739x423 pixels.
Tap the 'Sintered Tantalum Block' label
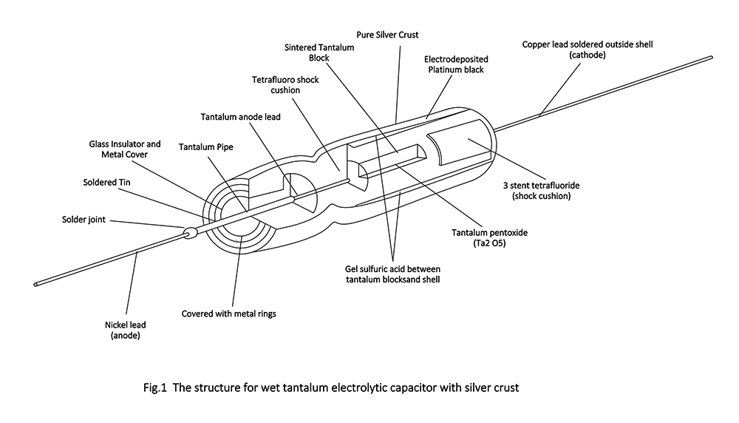point(319,53)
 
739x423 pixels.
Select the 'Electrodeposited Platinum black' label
point(456,64)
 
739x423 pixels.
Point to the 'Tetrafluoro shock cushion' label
point(285,85)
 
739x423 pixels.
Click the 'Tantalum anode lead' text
point(241,117)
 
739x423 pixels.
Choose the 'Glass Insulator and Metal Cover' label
point(125,149)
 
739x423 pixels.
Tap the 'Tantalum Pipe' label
point(205,147)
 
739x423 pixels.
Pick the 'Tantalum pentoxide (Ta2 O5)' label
point(490,237)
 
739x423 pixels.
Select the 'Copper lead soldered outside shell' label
point(587,50)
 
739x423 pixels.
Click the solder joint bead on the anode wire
point(189,233)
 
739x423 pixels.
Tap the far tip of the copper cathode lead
point(710,57)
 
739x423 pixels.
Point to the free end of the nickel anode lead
point(35,283)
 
